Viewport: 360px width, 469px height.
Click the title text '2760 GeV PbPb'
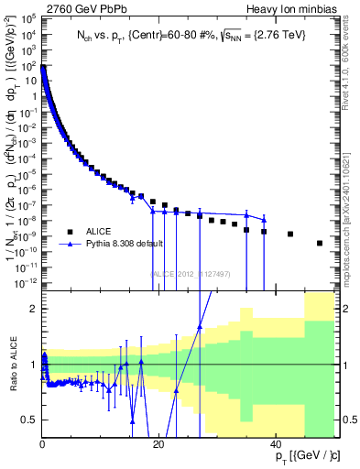pos(81,8)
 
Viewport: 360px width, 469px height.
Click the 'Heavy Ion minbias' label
pos(290,8)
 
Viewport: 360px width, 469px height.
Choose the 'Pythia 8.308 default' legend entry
pos(124,245)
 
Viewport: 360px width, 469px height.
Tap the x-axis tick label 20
pos(158,444)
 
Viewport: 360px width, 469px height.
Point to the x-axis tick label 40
pos(274,444)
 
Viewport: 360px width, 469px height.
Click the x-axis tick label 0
pos(43,444)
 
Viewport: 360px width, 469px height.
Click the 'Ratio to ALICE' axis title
pos(13,365)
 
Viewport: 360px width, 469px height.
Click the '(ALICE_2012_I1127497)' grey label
pos(190,272)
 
